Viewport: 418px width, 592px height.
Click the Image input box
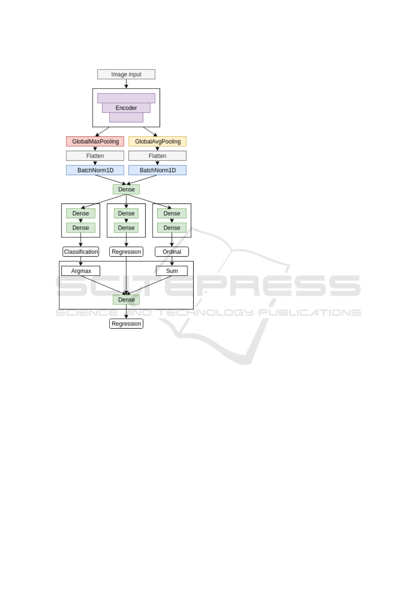point(126,74)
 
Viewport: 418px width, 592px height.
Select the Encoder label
point(126,108)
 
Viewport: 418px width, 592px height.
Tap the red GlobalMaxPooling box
point(95,141)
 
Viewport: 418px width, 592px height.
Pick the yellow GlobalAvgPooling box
point(157,141)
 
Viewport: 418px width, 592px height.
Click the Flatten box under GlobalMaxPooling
point(95,156)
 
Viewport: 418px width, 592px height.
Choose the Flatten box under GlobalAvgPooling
point(157,156)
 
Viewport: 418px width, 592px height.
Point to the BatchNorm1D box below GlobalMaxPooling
point(95,170)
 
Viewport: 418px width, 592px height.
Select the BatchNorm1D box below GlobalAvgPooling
point(157,170)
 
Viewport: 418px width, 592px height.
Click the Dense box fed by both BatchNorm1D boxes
point(126,189)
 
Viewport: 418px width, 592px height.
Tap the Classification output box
point(81,252)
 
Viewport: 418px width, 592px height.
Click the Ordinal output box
point(172,252)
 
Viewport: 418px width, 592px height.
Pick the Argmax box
point(81,271)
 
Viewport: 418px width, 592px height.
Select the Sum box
point(172,271)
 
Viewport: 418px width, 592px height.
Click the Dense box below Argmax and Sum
point(126,300)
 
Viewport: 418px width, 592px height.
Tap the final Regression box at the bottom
point(126,324)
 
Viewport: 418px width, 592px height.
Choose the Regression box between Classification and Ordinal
point(126,252)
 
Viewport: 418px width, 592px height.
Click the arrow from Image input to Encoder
point(126,84)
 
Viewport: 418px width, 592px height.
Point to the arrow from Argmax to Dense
point(103,285)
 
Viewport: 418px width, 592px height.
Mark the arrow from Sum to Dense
point(150,285)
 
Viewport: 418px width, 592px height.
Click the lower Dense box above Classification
point(81,228)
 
